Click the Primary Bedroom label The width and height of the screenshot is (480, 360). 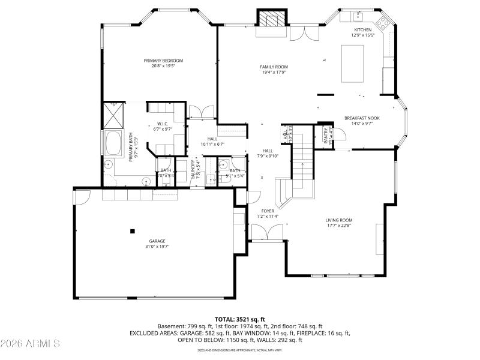[x=163, y=61]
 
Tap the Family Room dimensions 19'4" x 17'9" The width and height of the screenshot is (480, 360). [x=274, y=72]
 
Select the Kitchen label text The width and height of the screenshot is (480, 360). [x=362, y=30]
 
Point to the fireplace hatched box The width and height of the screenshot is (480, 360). [x=273, y=19]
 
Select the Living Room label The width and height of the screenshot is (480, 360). [x=339, y=220]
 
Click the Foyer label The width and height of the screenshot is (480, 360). [x=268, y=211]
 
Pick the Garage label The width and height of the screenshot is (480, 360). [x=157, y=241]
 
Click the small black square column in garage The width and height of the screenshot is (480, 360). [x=133, y=230]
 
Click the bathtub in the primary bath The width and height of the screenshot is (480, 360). [x=113, y=144]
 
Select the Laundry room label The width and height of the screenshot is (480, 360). [x=193, y=170]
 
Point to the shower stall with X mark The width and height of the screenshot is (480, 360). [x=113, y=115]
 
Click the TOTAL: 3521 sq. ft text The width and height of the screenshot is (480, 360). [x=240, y=319]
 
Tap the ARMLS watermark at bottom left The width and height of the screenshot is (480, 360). [x=30, y=344]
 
